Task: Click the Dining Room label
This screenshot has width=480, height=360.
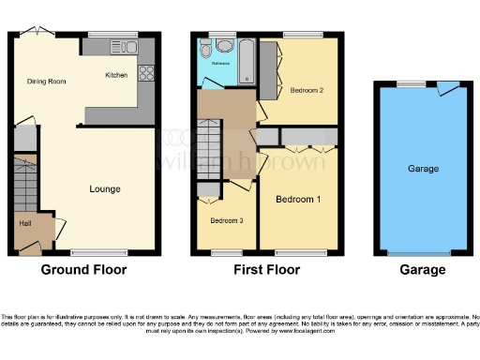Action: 46,82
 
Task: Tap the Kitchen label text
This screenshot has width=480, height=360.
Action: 116,74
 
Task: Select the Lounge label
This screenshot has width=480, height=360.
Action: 105,189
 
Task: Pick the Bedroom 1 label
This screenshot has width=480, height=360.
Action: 297,200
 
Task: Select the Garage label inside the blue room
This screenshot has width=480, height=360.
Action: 423,169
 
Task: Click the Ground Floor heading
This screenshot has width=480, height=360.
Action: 83,270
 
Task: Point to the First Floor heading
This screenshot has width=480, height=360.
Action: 267,270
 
